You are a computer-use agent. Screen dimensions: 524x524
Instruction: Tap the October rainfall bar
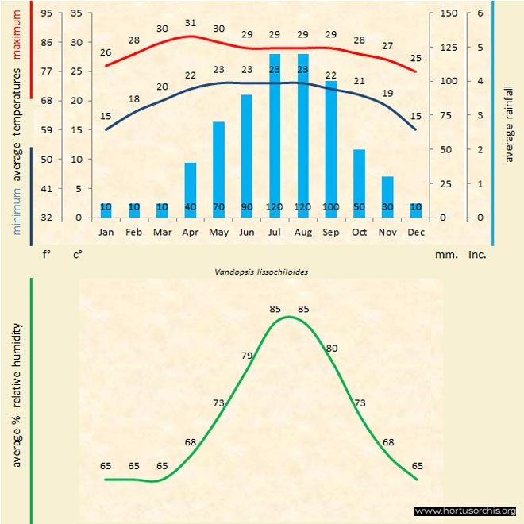(x=359, y=183)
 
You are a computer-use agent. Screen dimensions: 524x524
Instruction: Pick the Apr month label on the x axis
(x=190, y=233)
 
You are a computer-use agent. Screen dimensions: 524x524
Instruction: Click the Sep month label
(x=331, y=233)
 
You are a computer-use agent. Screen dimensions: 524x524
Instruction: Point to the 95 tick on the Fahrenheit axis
(x=47, y=13)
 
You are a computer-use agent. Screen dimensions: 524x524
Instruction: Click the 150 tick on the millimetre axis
(x=449, y=13)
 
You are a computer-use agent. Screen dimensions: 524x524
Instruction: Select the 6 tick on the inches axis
(x=480, y=13)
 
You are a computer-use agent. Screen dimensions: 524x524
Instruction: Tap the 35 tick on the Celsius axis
(x=77, y=13)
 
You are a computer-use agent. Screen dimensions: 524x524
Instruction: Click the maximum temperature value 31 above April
(x=190, y=23)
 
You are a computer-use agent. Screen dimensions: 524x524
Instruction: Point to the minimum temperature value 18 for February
(x=134, y=99)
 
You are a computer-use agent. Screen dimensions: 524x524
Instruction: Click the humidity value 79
(x=247, y=355)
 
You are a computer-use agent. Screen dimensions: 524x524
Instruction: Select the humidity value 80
(x=332, y=348)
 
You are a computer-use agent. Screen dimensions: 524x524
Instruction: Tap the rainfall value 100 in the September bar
(x=331, y=207)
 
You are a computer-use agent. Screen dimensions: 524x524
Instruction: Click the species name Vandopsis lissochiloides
(x=261, y=271)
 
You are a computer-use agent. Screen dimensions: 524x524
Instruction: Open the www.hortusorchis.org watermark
(x=466, y=511)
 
